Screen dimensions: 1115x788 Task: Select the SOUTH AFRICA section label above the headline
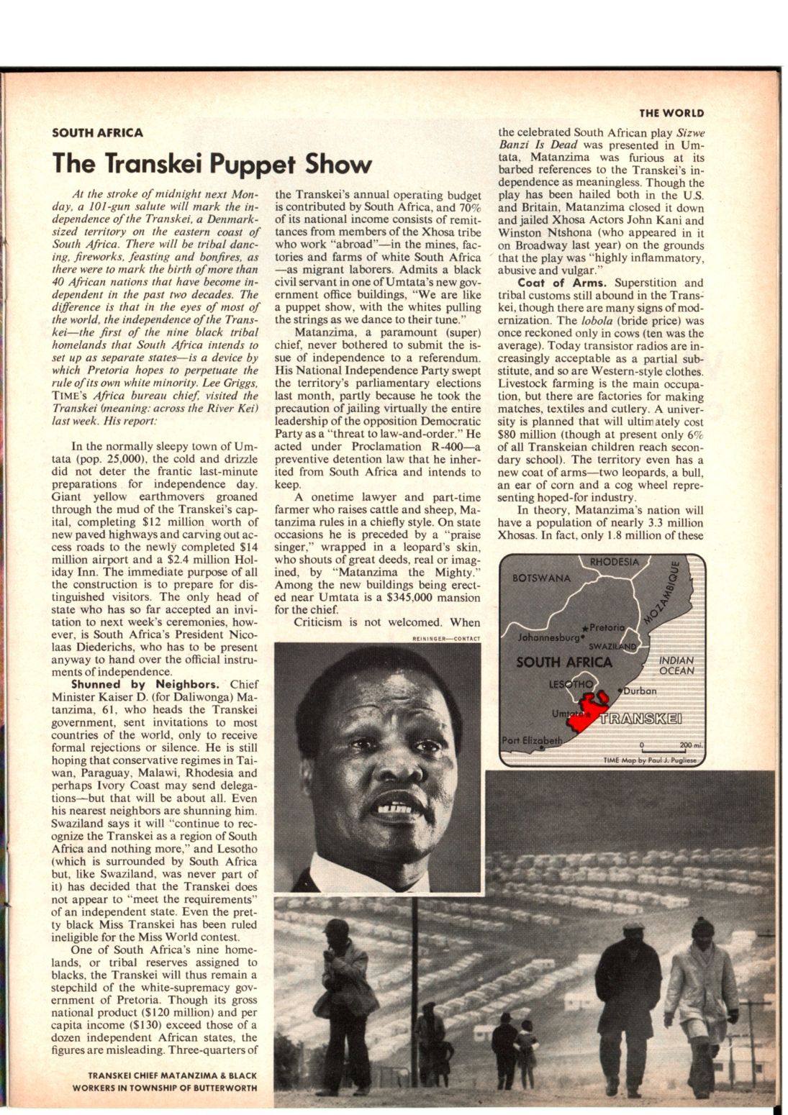click(x=97, y=132)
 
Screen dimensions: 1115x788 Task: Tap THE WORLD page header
click(x=671, y=113)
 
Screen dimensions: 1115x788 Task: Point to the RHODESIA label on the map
click(x=614, y=562)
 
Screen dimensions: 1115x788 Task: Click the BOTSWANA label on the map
click(x=541, y=578)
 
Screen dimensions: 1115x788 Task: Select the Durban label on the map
click(x=638, y=691)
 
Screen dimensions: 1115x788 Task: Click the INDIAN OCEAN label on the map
click(x=676, y=665)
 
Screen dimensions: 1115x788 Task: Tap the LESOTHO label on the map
click(x=571, y=683)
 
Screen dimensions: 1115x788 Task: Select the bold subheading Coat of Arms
click(x=561, y=283)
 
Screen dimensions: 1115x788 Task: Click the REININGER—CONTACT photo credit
click(x=446, y=638)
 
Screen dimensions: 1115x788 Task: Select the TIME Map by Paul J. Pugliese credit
click(x=645, y=760)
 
